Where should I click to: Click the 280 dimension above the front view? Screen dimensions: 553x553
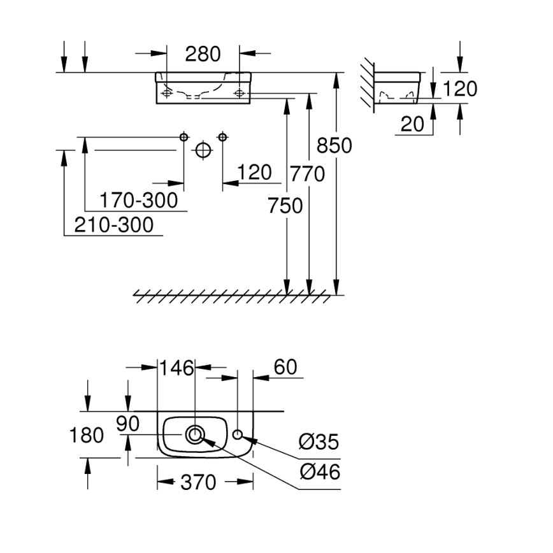pyautogui.click(x=203, y=54)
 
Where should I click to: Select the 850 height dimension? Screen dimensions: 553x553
pyautogui.click(x=334, y=146)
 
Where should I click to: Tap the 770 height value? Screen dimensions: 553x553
pyautogui.click(x=307, y=173)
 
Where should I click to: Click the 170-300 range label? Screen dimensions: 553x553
pyautogui.click(x=139, y=201)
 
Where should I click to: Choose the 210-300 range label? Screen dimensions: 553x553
pyautogui.click(x=115, y=225)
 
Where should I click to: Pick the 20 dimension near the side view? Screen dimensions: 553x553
pyautogui.click(x=412, y=124)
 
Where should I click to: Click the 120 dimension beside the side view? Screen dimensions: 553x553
pyautogui.click(x=459, y=89)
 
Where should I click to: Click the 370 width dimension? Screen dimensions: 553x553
pyautogui.click(x=199, y=483)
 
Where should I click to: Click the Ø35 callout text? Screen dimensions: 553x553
pyautogui.click(x=319, y=442)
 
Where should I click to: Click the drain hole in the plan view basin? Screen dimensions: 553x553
pyautogui.click(x=195, y=434)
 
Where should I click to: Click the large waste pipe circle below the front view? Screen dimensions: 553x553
pyautogui.click(x=203, y=150)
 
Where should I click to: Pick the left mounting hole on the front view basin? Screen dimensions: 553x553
pyautogui.click(x=167, y=94)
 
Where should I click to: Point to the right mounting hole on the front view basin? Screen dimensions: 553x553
pyautogui.click(x=240, y=94)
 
